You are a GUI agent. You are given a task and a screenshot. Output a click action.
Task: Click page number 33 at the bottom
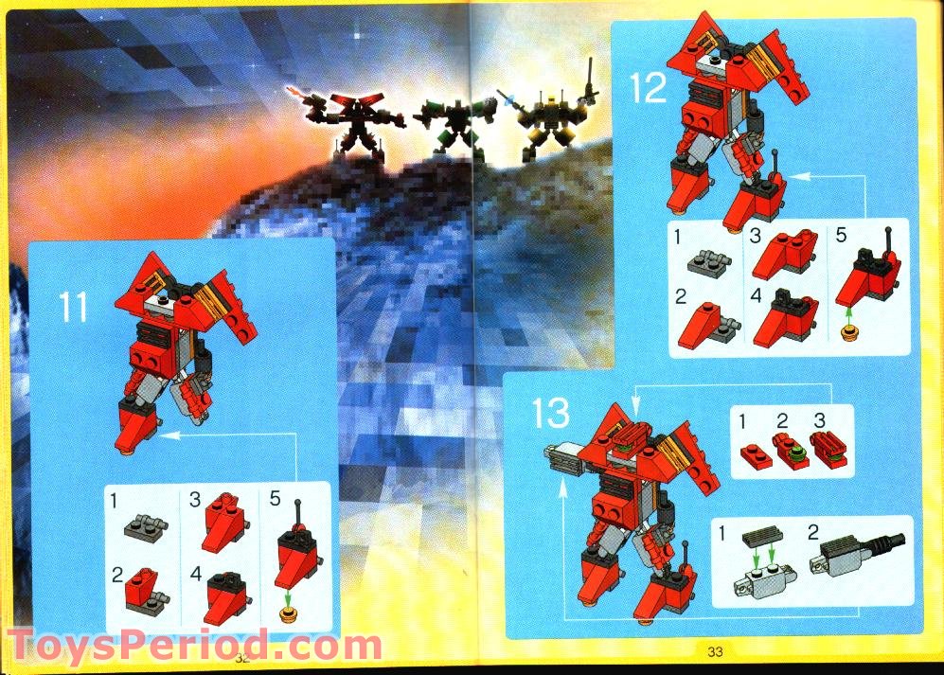tap(715, 651)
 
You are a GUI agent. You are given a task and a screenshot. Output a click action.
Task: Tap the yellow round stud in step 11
tap(288, 615)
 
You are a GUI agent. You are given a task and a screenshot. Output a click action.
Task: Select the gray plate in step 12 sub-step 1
tap(714, 258)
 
